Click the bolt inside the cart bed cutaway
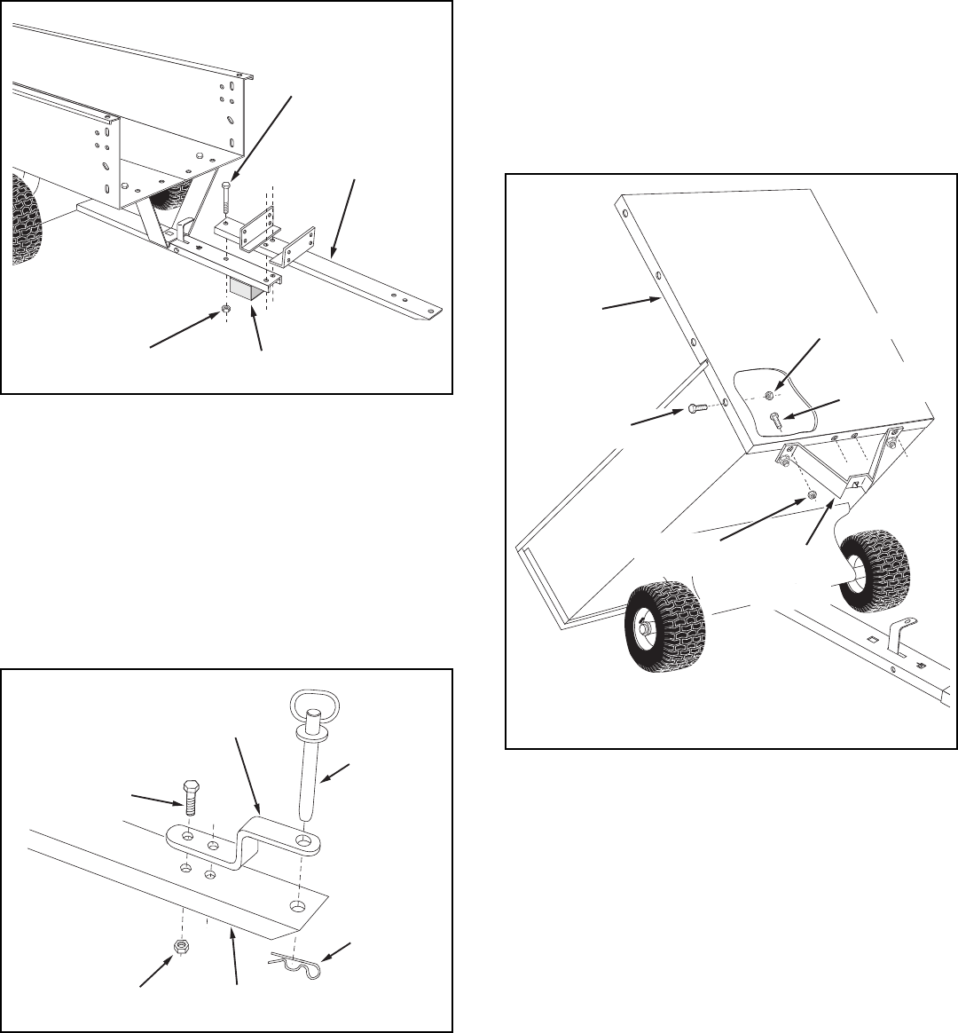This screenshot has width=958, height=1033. pos(775,419)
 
